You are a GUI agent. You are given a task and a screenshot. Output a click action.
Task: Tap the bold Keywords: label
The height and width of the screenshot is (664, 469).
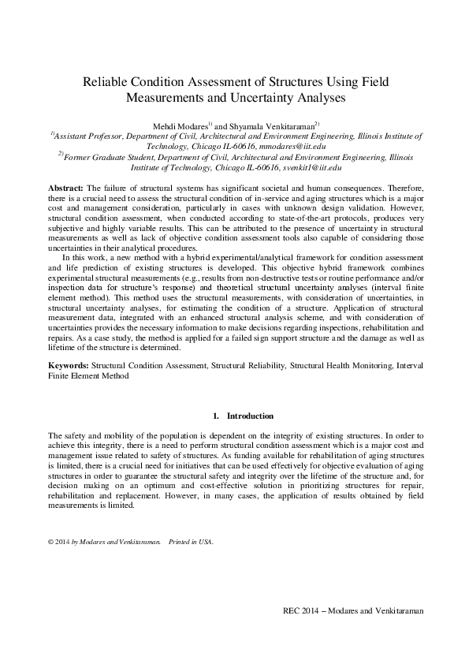[69, 366]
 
